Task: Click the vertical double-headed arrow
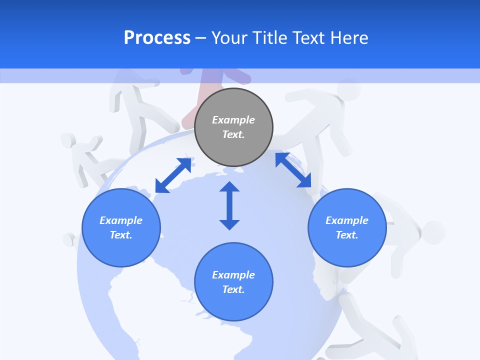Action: coord(229,205)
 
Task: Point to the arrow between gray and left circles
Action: coord(173,175)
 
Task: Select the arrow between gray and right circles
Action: coord(293,170)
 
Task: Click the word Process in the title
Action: coord(157,38)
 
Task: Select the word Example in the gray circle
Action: coord(233,120)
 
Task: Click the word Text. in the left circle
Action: coord(121,235)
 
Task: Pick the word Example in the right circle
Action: coord(347,220)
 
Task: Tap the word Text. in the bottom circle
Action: coord(233,289)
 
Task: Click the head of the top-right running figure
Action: coord(348,89)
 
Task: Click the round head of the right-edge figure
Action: coord(433,232)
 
